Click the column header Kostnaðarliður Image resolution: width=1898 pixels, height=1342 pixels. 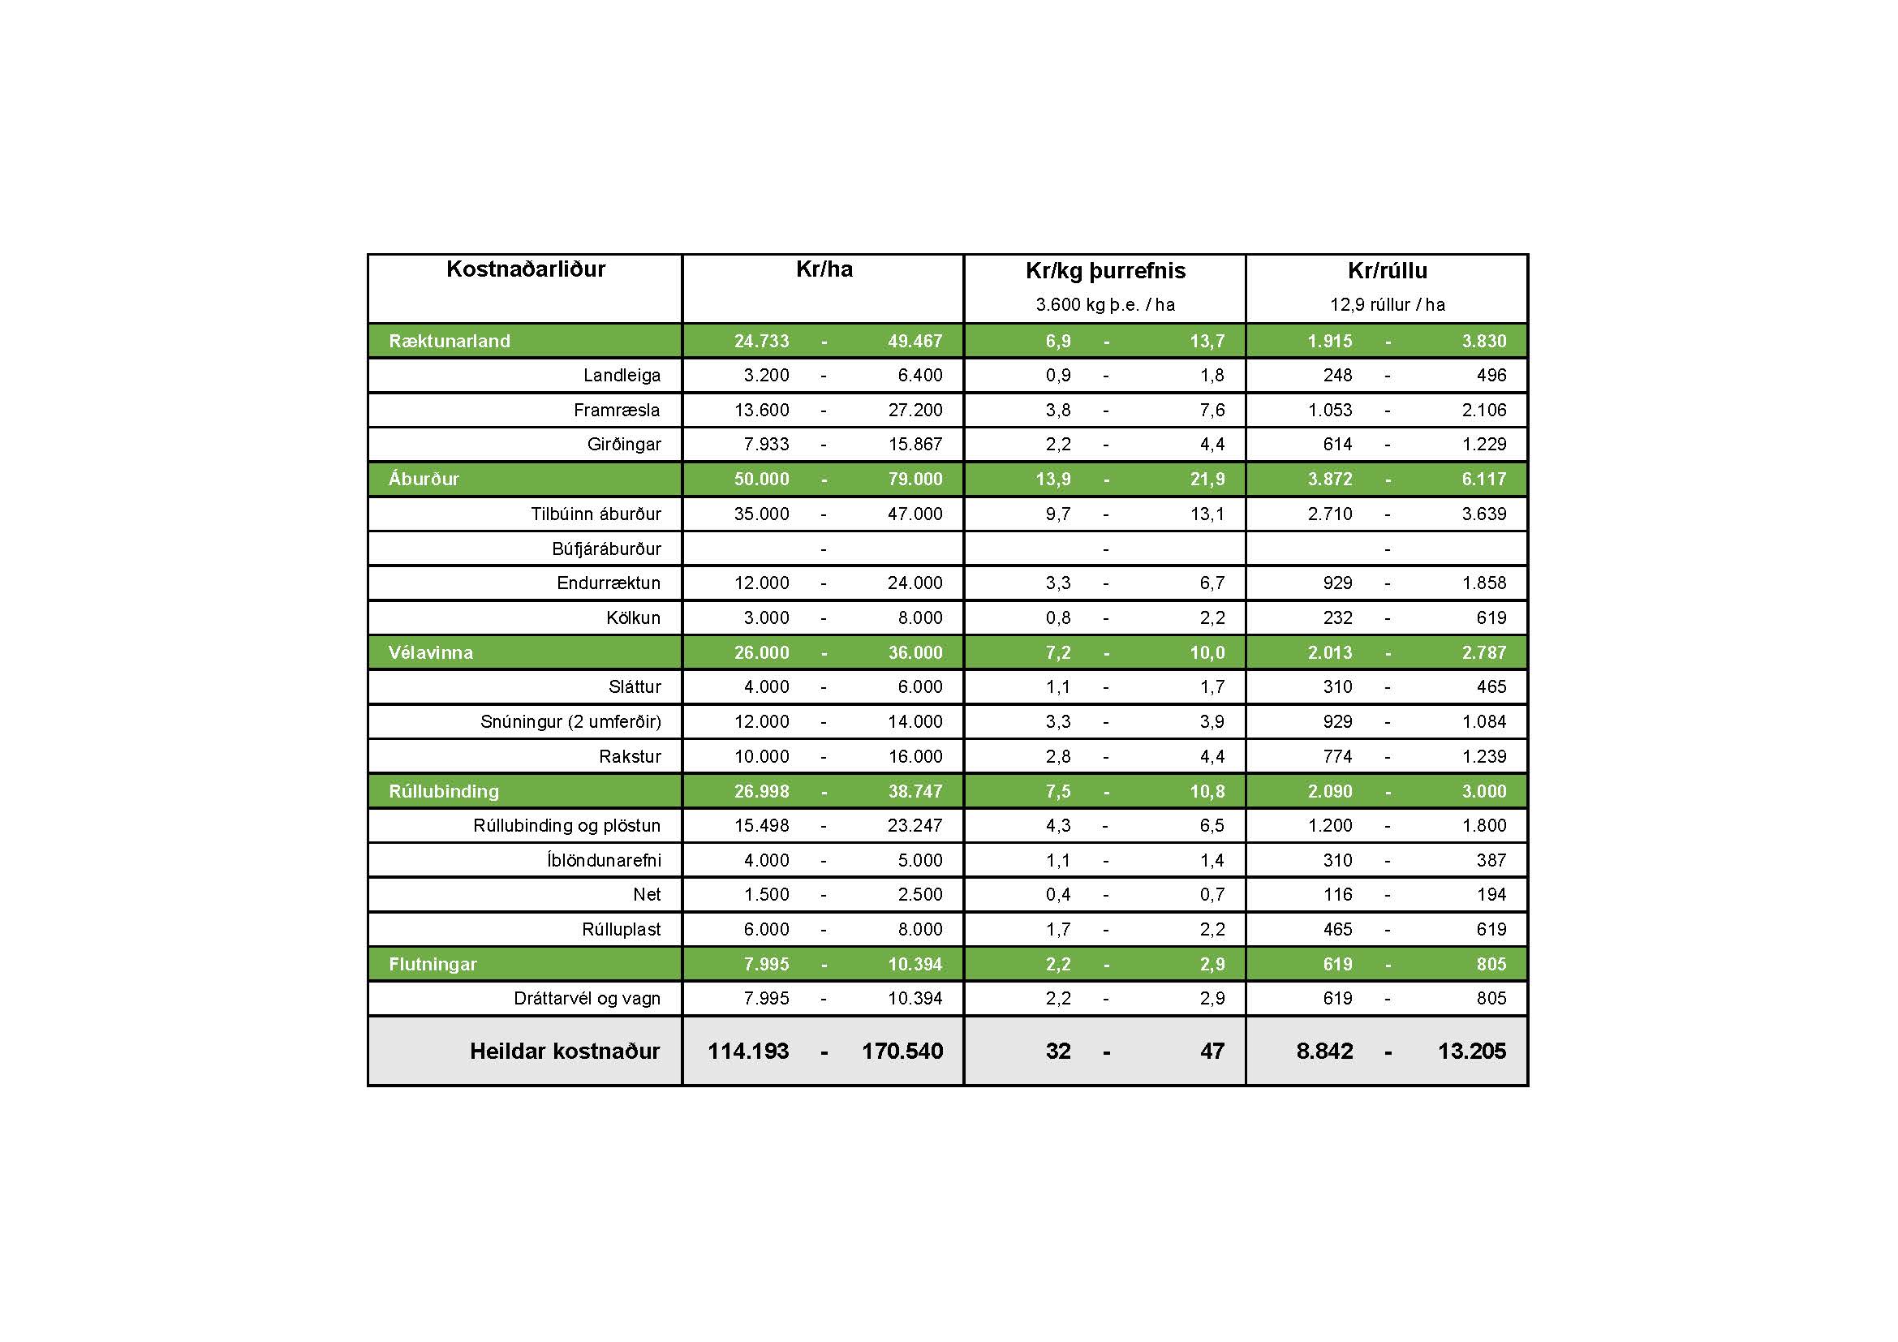pyautogui.click(x=526, y=269)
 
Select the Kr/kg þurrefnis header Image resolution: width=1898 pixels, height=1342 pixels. pyautogui.click(x=1105, y=271)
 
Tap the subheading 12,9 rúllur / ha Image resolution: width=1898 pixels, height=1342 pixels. pyautogui.click(x=1387, y=305)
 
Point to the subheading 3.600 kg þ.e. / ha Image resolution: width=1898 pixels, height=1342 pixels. pyautogui.click(x=1105, y=305)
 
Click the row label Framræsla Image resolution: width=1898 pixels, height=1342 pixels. pyautogui.click(x=617, y=410)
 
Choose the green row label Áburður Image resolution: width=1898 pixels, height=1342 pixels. pyautogui.click(x=424, y=480)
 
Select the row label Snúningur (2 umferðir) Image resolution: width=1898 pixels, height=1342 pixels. pyautogui.click(x=570, y=721)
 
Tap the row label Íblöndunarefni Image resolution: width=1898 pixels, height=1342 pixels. pyautogui.click(x=604, y=860)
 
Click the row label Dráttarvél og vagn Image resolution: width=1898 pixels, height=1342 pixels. pyautogui.click(x=587, y=998)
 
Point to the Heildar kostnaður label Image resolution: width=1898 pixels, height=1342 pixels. pyautogui.click(x=565, y=1051)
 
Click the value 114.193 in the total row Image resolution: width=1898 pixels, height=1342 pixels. pyautogui.click(x=748, y=1051)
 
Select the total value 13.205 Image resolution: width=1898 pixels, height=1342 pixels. pyautogui.click(x=1471, y=1051)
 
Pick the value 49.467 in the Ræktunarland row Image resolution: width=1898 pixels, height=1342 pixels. pyautogui.click(x=915, y=342)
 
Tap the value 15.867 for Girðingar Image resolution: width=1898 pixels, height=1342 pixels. pyautogui.click(x=915, y=445)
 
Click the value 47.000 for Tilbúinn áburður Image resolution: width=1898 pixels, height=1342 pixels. pyautogui.click(x=915, y=514)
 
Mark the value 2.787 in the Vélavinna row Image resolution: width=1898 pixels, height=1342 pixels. pyautogui.click(x=1484, y=653)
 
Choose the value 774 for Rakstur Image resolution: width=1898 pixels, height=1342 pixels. pyautogui.click(x=1336, y=756)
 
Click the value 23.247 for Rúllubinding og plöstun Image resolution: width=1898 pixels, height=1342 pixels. pyautogui.click(x=915, y=825)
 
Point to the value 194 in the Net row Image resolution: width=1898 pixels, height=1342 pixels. pyautogui.click(x=1491, y=894)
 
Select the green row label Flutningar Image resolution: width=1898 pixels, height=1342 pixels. pyautogui.click(x=433, y=965)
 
